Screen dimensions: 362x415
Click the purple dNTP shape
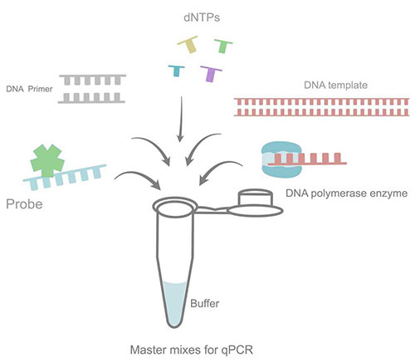pyautogui.click(x=212, y=73)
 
